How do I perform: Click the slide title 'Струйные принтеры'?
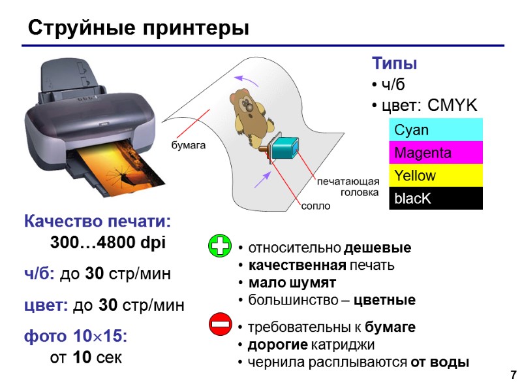[x=138, y=29]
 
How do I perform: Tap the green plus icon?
[x=220, y=246]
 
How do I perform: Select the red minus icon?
[x=220, y=323]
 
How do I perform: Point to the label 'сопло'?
[x=315, y=206]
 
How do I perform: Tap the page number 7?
[x=513, y=375]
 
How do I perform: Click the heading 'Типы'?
[x=394, y=64]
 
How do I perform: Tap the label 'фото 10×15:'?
[x=76, y=336]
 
